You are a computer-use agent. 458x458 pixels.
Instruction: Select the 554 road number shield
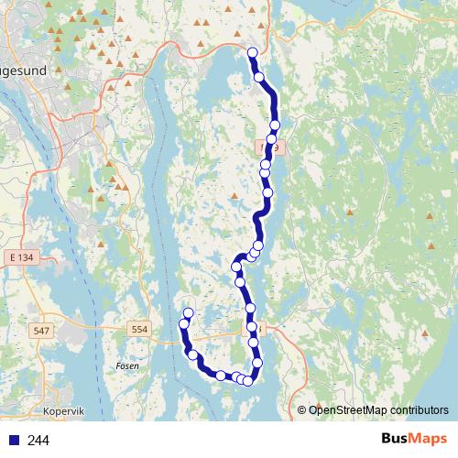(139, 329)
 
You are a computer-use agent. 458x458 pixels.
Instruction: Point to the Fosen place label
(127, 365)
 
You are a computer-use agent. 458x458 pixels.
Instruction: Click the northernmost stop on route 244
(253, 52)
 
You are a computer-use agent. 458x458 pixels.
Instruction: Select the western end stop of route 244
(189, 314)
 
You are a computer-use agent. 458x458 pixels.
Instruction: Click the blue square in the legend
(13, 441)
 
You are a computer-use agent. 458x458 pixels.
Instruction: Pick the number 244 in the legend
(38, 441)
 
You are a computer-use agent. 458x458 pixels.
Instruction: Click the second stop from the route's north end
(259, 77)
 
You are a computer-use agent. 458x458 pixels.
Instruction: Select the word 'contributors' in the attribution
(418, 409)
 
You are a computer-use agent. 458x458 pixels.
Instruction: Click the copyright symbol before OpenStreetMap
(303, 409)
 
